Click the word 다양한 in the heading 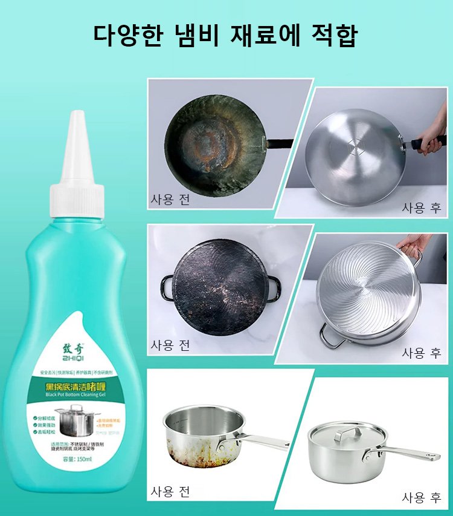[129, 36]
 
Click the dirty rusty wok [214, 143]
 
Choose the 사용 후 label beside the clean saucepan [422, 497]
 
